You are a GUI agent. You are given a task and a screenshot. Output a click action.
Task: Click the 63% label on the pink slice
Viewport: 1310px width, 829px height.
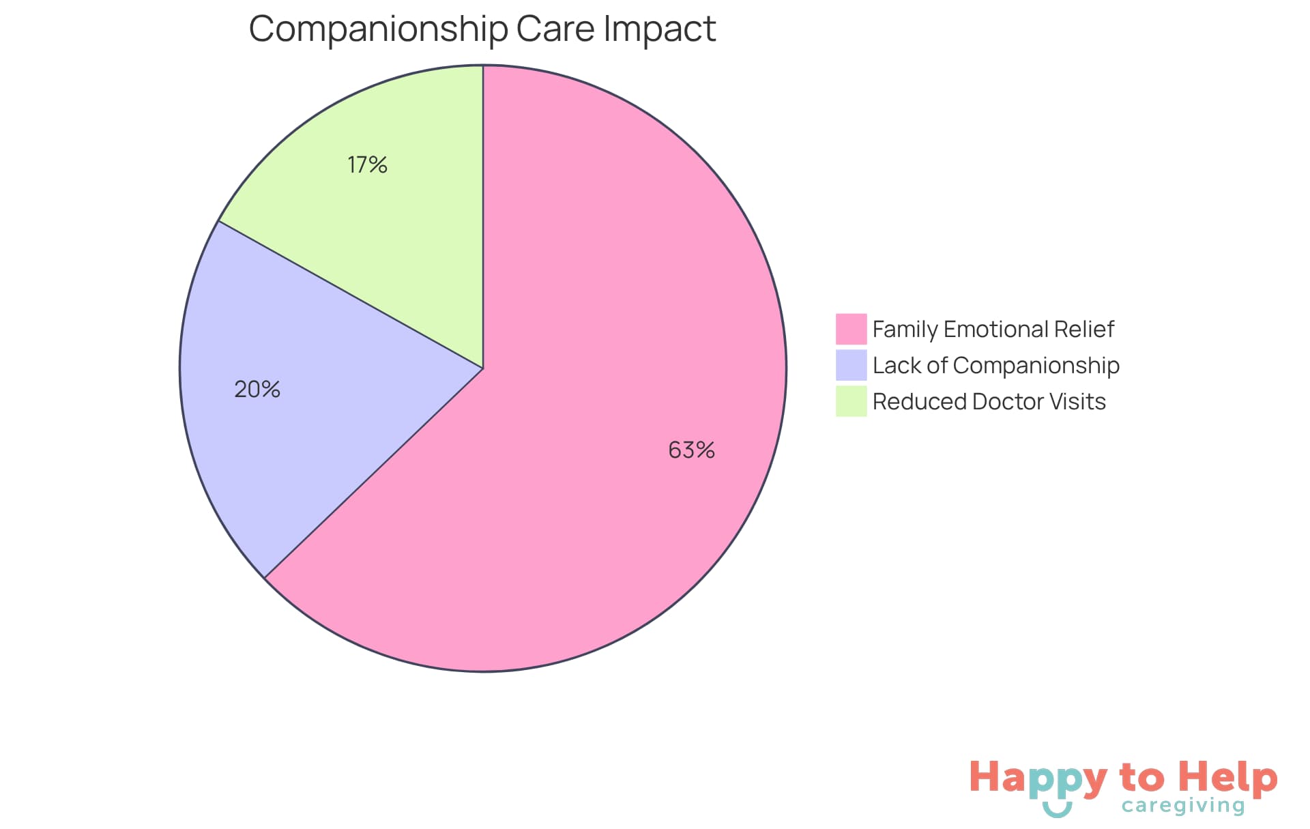pyautogui.click(x=691, y=450)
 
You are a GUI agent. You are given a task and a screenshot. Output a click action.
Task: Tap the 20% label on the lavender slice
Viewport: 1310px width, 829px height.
pyautogui.click(x=257, y=389)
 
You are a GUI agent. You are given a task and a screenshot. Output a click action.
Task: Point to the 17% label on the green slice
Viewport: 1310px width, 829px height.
pyautogui.click(x=367, y=164)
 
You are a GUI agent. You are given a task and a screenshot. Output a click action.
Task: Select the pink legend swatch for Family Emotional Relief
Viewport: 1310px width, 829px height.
pyautogui.click(x=851, y=329)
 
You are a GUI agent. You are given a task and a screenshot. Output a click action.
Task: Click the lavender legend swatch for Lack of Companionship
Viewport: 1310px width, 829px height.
pyautogui.click(x=851, y=365)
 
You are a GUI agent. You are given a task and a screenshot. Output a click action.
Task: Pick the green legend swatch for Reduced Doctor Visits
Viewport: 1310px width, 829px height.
pyautogui.click(x=851, y=401)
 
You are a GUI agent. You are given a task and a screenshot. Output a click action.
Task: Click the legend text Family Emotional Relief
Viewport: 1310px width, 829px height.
pyautogui.click(x=993, y=329)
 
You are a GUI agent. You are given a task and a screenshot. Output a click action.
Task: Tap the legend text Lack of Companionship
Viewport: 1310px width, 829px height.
pyautogui.click(x=995, y=365)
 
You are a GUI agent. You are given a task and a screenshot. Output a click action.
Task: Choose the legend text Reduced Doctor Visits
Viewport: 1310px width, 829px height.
pyautogui.click(x=989, y=401)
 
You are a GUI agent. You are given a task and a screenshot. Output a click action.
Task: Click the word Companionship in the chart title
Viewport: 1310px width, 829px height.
pyautogui.click(x=379, y=29)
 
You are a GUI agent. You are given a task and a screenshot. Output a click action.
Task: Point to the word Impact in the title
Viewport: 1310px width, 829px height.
pyautogui.click(x=659, y=29)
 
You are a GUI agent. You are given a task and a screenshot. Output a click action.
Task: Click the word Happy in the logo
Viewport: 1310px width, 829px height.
pyautogui.click(x=1037, y=779)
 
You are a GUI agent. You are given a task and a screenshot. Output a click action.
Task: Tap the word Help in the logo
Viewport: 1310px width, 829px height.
pyautogui.click(x=1228, y=777)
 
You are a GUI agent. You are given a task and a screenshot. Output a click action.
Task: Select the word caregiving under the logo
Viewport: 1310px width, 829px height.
pyautogui.click(x=1183, y=806)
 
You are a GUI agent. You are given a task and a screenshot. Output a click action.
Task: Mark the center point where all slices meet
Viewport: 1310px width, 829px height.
pyautogui.click(x=483, y=368)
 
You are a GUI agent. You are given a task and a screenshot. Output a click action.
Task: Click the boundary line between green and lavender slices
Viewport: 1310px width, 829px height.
pyautogui.click(x=351, y=295)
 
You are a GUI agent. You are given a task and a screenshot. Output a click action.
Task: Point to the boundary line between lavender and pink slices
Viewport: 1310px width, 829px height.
pyautogui.click(x=374, y=473)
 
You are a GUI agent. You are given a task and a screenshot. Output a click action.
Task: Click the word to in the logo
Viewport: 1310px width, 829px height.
pyautogui.click(x=1141, y=778)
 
